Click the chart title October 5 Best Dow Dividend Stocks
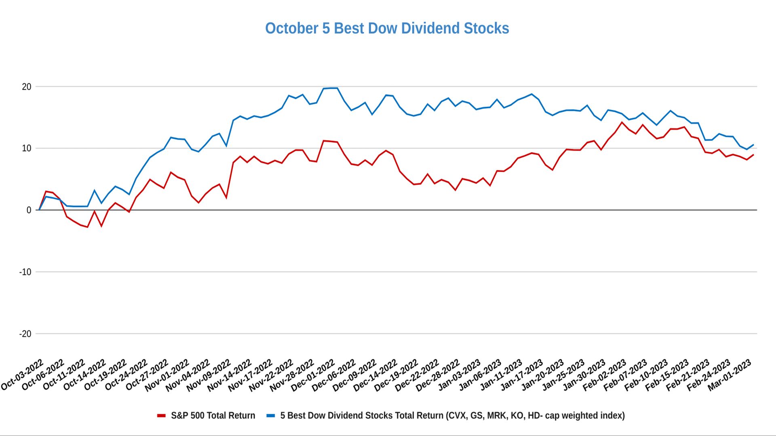tap(387, 28)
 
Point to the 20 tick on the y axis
tap(27, 87)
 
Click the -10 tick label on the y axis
tap(25, 272)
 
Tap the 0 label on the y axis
tap(29, 210)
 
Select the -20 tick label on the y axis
tap(25, 334)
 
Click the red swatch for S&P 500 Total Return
tap(161, 416)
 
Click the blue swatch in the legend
tap(271, 416)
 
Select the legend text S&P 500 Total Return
tap(213, 416)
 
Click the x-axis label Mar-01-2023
tap(730, 375)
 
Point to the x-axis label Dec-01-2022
tap(314, 375)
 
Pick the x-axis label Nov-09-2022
tap(209, 375)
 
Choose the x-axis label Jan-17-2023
tap(522, 375)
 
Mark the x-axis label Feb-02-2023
tap(605, 375)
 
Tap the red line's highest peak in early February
tap(622, 122)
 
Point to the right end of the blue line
tap(753, 145)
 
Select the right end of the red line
tap(753, 155)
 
